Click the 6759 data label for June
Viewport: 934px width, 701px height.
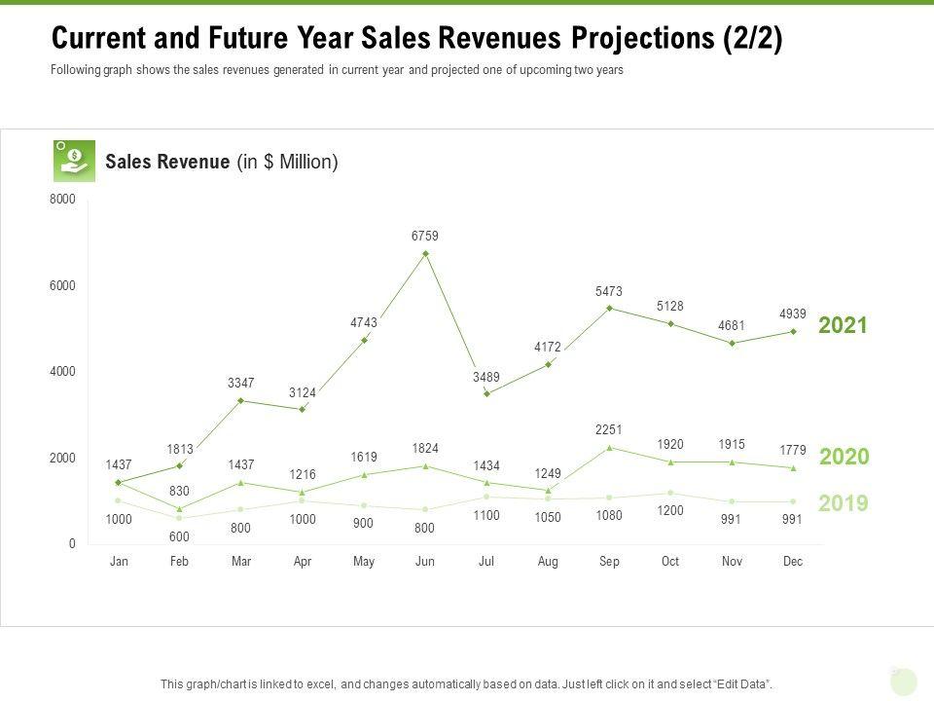pos(425,236)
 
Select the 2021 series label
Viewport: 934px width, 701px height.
pos(843,325)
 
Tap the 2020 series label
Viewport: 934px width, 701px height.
pos(844,457)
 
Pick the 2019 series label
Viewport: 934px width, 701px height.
pos(843,503)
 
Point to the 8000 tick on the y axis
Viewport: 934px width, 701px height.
pos(62,200)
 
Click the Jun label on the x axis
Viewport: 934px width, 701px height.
pos(425,562)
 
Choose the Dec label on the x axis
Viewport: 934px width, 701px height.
pos(793,562)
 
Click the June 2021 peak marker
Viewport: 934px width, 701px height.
pos(425,254)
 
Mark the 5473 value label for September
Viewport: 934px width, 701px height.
pos(609,291)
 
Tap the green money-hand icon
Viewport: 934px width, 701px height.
pos(74,161)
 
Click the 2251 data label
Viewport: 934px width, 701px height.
pos(609,429)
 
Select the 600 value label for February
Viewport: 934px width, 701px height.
pos(180,535)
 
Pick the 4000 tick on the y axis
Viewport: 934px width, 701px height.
pos(62,372)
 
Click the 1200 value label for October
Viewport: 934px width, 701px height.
pos(670,510)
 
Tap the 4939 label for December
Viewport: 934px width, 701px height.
pos(793,314)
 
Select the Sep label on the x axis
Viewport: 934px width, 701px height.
pos(609,562)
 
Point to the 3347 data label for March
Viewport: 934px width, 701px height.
pos(241,384)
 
